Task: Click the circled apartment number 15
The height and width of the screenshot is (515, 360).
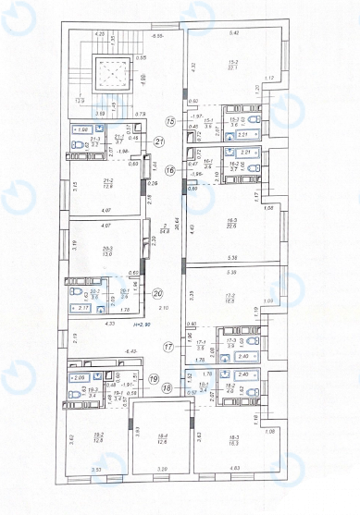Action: point(169,121)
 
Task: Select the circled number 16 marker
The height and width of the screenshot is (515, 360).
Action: point(169,170)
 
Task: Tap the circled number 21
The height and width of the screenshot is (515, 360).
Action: point(159,141)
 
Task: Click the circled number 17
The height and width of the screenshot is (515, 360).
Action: point(168,347)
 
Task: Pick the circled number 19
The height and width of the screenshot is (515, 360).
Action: point(154,377)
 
